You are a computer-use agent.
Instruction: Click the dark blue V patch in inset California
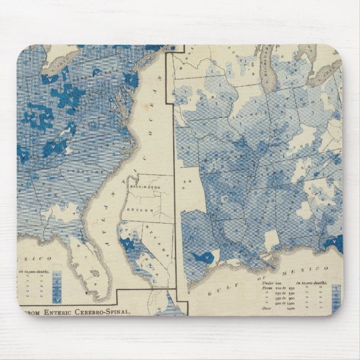tap(130, 244)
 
